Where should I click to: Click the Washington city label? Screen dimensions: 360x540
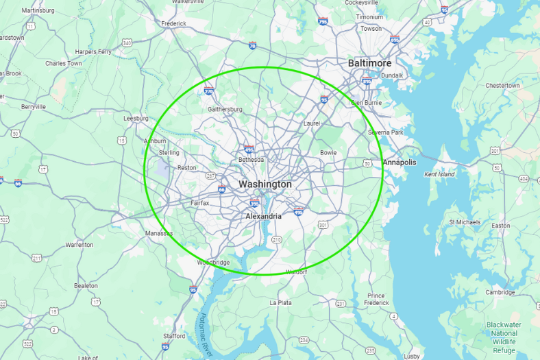[265, 184]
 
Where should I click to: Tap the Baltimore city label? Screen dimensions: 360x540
[369, 63]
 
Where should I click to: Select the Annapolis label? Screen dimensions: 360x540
[400, 163]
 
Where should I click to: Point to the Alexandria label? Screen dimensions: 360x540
[264, 216]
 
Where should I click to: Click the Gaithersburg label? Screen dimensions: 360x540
[225, 109]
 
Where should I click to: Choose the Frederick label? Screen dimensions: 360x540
[173, 23]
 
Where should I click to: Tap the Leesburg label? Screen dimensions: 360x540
[136, 118]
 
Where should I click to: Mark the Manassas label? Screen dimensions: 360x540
[159, 233]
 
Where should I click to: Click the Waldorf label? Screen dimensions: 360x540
[296, 272]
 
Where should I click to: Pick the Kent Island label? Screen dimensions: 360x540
[439, 174]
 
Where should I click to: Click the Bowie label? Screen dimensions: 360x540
[328, 152]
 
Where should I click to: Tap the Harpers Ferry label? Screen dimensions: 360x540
[93, 51]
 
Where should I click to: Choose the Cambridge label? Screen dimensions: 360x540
[500, 292]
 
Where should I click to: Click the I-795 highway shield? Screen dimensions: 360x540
[323, 21]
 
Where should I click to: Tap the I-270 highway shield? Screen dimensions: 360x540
[209, 91]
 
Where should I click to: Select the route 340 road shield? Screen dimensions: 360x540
[127, 43]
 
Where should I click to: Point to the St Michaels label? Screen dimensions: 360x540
[465, 222]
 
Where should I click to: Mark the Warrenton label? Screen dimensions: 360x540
[79, 245]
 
